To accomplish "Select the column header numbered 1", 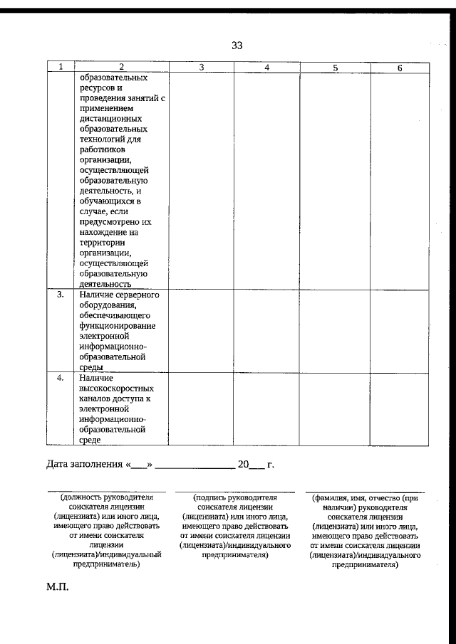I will click(x=61, y=67).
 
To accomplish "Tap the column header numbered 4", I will click(x=266, y=67).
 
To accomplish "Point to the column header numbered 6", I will click(x=400, y=67).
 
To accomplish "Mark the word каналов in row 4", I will click(x=95, y=399).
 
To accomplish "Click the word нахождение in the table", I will click(x=105, y=232).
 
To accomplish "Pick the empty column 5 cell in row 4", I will click(x=335, y=409).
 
